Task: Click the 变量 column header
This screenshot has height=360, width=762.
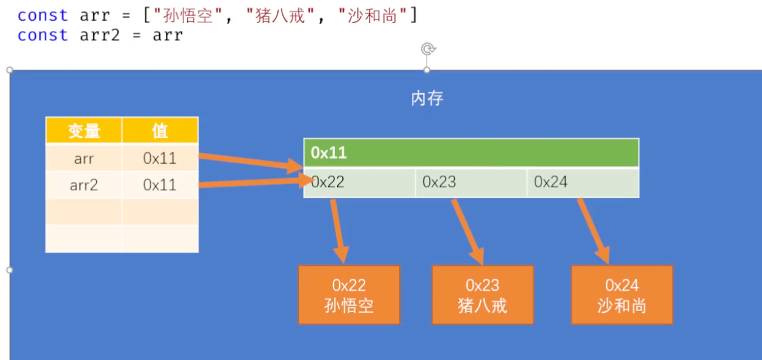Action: (84, 130)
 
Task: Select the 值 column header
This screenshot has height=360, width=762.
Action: (160, 130)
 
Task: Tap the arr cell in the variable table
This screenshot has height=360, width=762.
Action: (84, 158)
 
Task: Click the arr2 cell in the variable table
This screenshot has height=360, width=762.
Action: (84, 185)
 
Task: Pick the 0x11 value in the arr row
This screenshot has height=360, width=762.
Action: (160, 158)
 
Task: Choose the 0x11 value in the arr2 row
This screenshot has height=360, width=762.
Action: (160, 185)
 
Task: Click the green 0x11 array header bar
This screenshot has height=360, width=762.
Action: (471, 153)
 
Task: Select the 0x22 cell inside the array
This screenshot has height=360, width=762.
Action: (360, 182)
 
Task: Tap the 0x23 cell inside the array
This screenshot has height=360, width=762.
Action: (471, 182)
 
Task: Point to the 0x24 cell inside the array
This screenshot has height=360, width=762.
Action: (582, 182)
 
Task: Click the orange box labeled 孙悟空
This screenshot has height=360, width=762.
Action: (349, 295)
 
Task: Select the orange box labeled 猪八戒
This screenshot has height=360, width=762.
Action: (482, 295)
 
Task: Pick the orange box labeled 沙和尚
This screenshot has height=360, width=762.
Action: (621, 295)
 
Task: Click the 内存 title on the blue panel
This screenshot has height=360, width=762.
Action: (427, 99)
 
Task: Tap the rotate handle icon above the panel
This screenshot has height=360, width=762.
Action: (427, 49)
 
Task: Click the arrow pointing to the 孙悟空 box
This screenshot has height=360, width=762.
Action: (339, 230)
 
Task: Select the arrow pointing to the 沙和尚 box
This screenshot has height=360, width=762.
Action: (594, 230)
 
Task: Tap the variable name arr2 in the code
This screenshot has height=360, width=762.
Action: (100, 35)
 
